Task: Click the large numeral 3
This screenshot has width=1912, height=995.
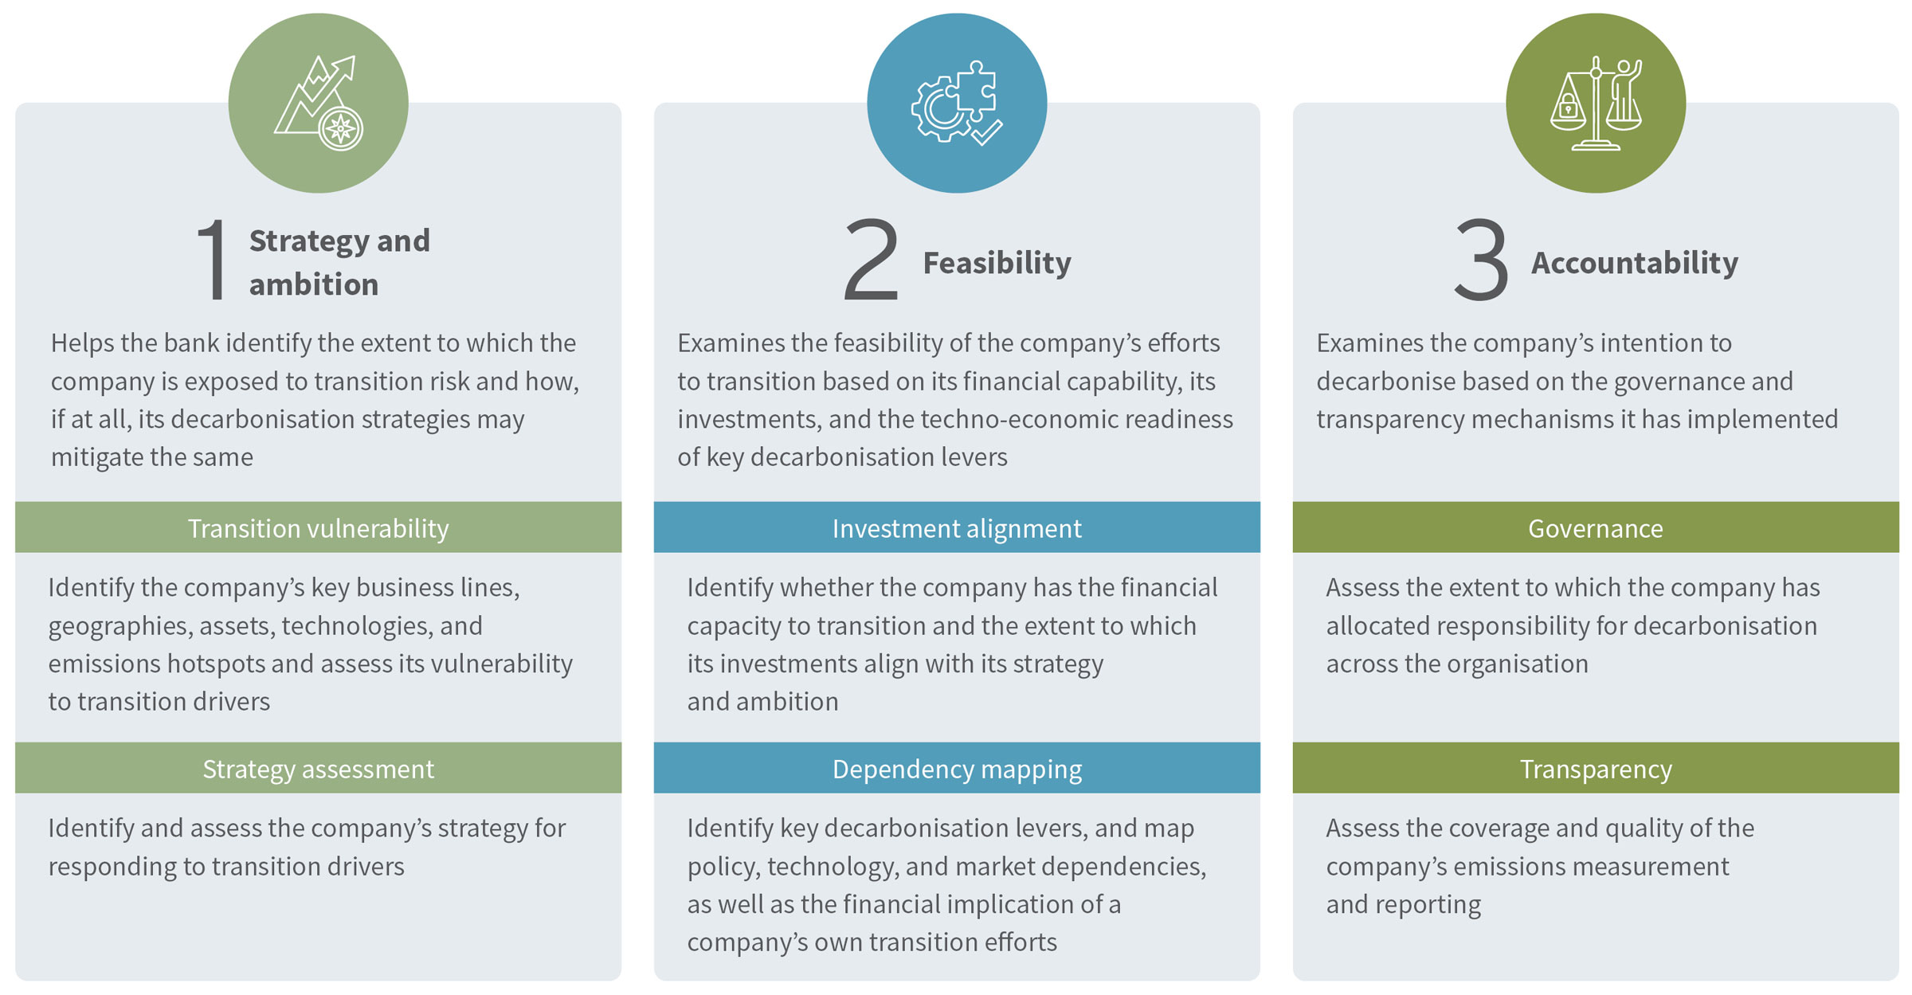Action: click(1481, 261)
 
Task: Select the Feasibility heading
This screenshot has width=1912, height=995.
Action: click(997, 263)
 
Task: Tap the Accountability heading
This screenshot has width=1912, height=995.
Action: click(1634, 263)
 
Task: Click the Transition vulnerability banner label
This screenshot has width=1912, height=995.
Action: click(318, 528)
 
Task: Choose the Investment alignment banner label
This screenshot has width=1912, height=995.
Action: click(956, 528)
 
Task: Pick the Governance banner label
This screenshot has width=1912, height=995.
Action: click(1595, 528)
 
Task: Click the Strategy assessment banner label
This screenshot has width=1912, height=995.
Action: click(318, 769)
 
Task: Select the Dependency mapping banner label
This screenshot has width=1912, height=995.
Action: click(956, 769)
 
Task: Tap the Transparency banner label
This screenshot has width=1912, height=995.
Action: click(1595, 769)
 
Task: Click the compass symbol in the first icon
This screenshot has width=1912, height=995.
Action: click(341, 129)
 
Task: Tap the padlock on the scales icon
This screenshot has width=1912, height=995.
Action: click(1568, 106)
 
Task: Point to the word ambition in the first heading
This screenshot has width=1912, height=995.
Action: click(313, 284)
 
